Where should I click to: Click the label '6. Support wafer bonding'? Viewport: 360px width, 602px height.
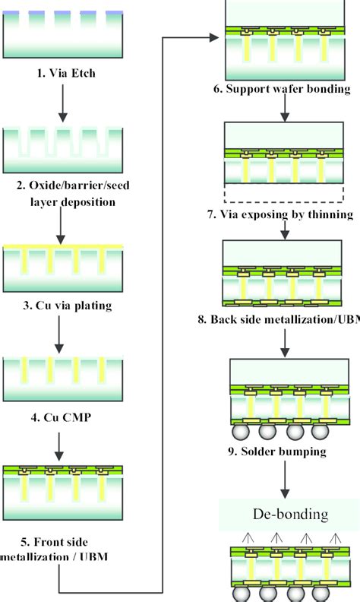pyautogui.click(x=281, y=89)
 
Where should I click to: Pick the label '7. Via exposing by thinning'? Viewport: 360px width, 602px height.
pyautogui.click(x=280, y=214)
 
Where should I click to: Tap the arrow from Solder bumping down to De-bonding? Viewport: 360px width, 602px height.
pyautogui.click(x=283, y=480)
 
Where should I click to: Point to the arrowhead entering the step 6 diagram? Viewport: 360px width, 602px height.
pyautogui.click(x=215, y=34)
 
